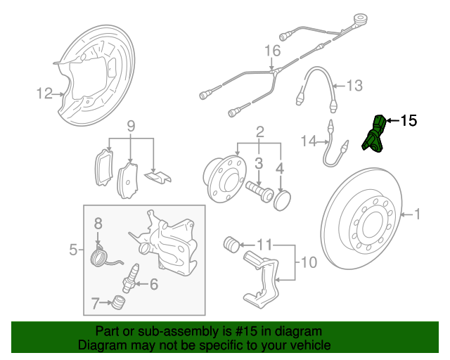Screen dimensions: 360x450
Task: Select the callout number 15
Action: [408, 121]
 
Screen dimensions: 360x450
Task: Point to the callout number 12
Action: [45, 92]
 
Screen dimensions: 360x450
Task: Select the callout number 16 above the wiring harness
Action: [272, 51]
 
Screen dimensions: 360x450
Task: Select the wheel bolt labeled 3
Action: [259, 191]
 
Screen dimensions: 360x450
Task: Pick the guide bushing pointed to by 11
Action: [230, 245]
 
